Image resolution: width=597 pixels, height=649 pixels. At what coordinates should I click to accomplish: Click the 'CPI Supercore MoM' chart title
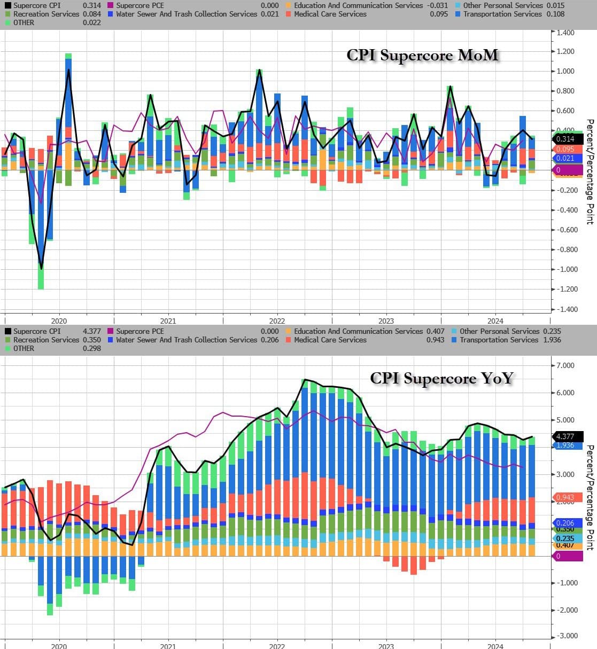(x=422, y=56)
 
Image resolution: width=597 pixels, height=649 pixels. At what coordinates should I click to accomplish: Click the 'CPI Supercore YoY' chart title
(x=441, y=378)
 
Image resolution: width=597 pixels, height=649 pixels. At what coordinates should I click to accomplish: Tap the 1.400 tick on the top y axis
(x=565, y=33)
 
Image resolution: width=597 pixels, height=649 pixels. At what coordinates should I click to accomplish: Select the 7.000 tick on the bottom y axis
(x=565, y=365)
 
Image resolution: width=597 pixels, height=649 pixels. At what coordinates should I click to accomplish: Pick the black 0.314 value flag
(x=565, y=139)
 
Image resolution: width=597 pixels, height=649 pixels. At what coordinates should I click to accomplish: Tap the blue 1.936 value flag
(x=565, y=445)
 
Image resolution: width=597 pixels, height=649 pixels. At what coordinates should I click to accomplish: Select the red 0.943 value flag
(x=565, y=497)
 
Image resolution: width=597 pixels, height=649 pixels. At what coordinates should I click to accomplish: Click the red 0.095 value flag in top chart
(x=565, y=149)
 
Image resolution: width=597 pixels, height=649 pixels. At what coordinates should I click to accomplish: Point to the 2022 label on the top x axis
(x=277, y=321)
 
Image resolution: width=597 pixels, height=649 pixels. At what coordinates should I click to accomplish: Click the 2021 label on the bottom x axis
(x=168, y=646)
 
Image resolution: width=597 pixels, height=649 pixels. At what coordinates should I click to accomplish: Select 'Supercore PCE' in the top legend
(x=140, y=5)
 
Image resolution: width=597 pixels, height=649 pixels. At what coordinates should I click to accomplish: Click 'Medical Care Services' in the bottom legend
(x=330, y=340)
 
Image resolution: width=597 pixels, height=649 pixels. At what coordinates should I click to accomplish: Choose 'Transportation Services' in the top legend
(x=502, y=14)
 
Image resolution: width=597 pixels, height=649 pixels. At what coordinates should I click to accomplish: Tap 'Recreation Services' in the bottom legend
(x=46, y=340)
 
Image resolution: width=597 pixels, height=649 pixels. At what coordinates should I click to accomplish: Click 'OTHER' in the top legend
(x=24, y=22)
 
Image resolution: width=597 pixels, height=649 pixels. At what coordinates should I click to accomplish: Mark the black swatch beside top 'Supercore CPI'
(x=8, y=5)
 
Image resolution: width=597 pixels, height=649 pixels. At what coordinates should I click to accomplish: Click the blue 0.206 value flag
(x=565, y=523)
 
